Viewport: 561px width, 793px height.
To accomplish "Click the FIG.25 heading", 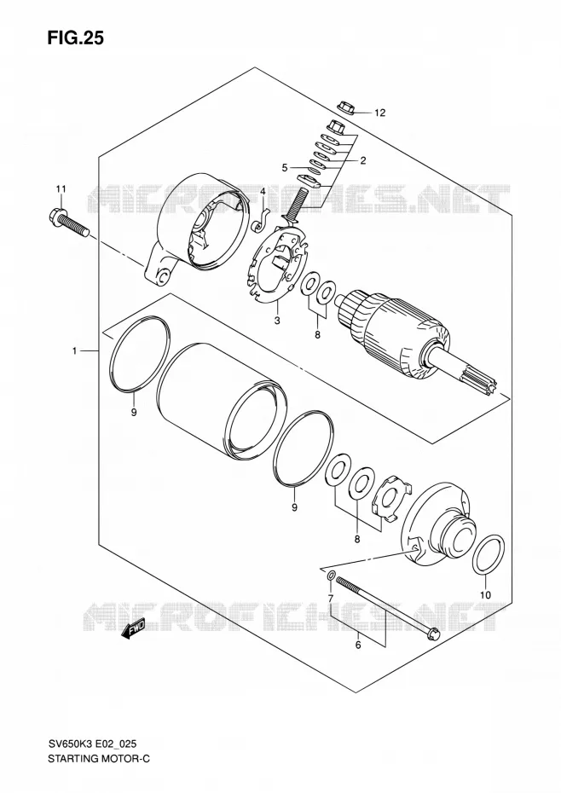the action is click(x=75, y=38).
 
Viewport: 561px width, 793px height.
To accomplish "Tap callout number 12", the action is click(x=379, y=113).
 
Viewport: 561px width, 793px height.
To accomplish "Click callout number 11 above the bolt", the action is click(x=61, y=189).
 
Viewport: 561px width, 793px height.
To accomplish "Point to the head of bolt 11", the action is click(x=54, y=217).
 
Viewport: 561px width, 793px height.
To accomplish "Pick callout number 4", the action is click(x=263, y=191).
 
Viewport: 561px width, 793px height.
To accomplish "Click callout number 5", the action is click(x=285, y=167).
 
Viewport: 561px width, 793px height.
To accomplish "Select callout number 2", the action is click(x=362, y=161).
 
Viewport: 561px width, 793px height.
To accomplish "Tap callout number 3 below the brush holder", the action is click(x=277, y=320).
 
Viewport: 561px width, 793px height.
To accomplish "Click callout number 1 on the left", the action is click(x=74, y=350).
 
